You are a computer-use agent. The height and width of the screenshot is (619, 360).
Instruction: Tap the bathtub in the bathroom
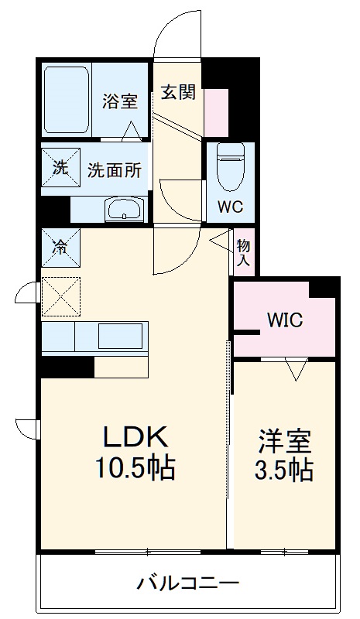67,101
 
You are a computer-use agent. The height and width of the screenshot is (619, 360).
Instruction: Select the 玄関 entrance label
178,93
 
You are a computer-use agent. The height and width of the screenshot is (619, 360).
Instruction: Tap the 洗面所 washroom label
114,170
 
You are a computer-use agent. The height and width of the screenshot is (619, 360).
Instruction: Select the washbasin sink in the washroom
124,209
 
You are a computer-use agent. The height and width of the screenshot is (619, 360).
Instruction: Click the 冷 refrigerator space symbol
60,248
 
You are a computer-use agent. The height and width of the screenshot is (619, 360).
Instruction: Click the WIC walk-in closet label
285,320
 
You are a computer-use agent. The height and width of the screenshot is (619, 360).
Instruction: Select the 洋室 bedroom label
284,441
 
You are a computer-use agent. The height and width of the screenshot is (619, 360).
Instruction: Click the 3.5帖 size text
284,469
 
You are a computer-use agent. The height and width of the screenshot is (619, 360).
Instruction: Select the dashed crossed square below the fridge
59,296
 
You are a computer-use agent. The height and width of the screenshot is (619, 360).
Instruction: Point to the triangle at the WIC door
295,370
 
